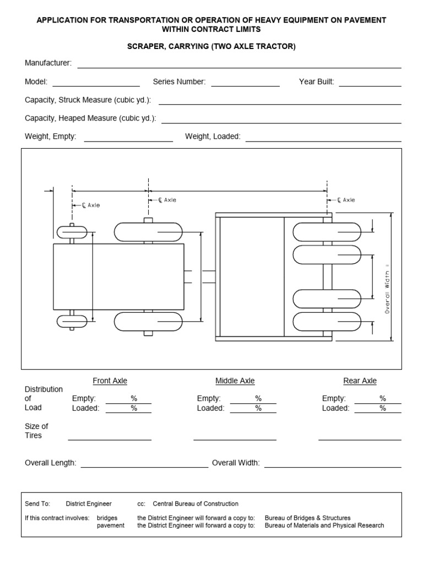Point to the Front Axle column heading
point(110,381)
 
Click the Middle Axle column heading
point(235,381)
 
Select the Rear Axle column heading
point(360,381)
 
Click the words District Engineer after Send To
point(89,503)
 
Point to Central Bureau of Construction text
point(196,503)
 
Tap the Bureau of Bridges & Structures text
point(307,518)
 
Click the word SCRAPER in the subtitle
point(145,47)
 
